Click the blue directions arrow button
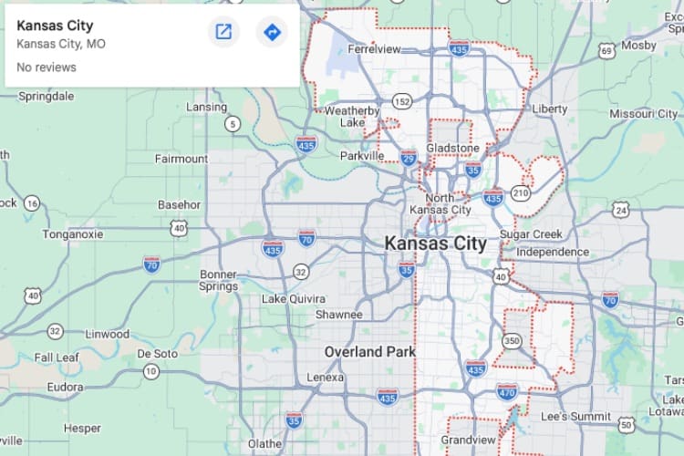(x=271, y=33)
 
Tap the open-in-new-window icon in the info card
(x=223, y=33)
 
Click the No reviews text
(x=47, y=67)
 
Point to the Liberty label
(x=549, y=109)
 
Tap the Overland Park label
(x=370, y=351)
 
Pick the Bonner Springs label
(x=218, y=280)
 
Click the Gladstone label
(x=452, y=148)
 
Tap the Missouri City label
(x=643, y=113)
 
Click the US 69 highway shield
(x=606, y=51)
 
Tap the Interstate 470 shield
(x=508, y=392)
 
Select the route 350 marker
(x=513, y=341)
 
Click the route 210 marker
(x=521, y=193)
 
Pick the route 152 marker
(x=402, y=100)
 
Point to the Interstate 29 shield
(x=409, y=158)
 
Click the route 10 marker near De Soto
(x=151, y=371)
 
